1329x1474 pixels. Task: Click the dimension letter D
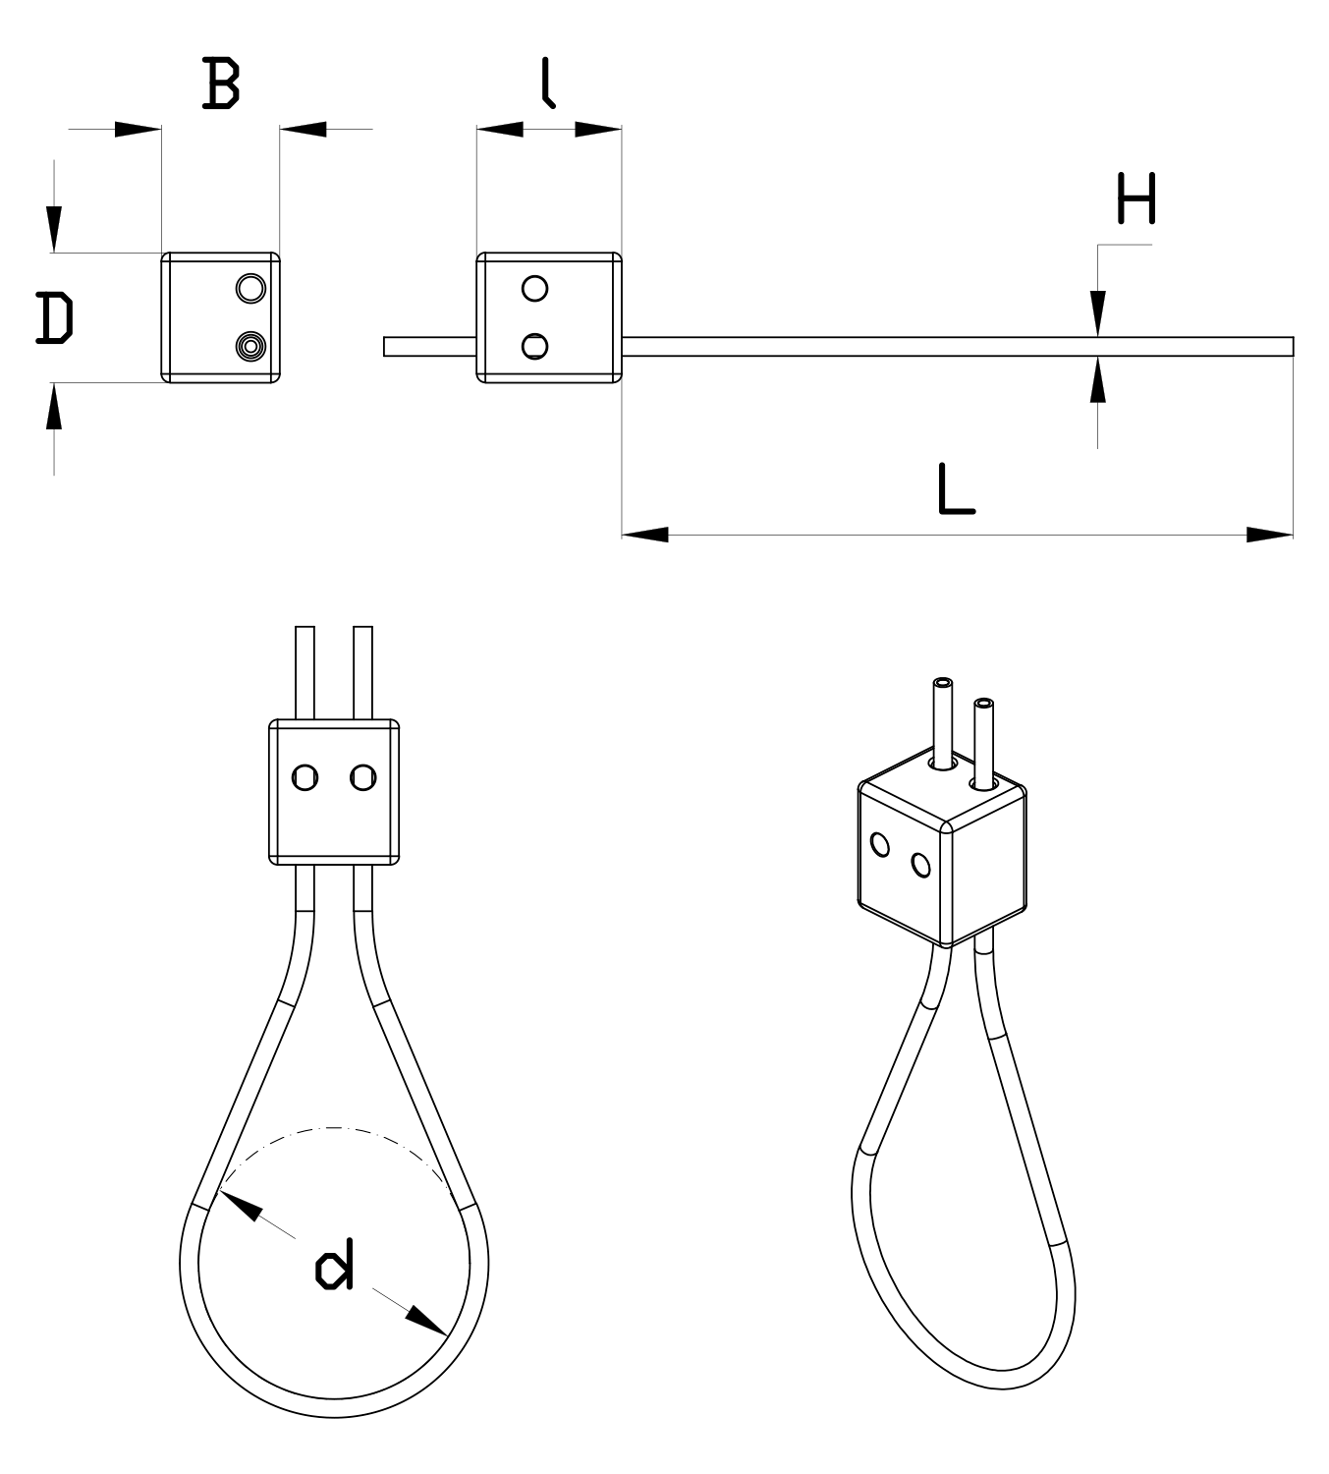tap(54, 318)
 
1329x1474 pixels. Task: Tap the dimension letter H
tap(1136, 199)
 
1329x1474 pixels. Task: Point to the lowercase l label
tap(548, 83)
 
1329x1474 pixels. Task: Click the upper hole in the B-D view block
tap(250, 288)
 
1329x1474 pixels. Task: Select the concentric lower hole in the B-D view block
tap(250, 346)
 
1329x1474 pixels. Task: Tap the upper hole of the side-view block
tap(535, 288)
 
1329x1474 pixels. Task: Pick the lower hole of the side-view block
tap(535, 346)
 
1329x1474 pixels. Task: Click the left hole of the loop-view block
tap(305, 777)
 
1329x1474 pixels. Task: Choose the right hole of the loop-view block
tap(363, 777)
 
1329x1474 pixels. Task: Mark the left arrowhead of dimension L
tap(645, 535)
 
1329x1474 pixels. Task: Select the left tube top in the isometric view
tap(943, 683)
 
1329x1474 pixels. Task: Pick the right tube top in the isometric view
tap(983, 704)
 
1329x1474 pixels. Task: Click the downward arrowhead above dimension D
tap(54, 228)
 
